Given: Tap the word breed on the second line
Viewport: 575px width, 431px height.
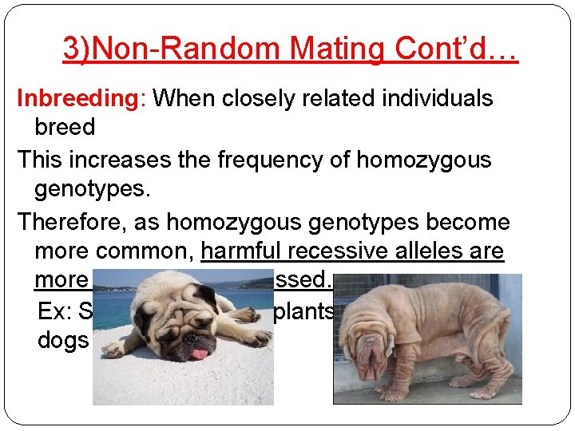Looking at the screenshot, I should tap(65, 127).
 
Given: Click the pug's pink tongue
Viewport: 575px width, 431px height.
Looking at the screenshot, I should tap(197, 356).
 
